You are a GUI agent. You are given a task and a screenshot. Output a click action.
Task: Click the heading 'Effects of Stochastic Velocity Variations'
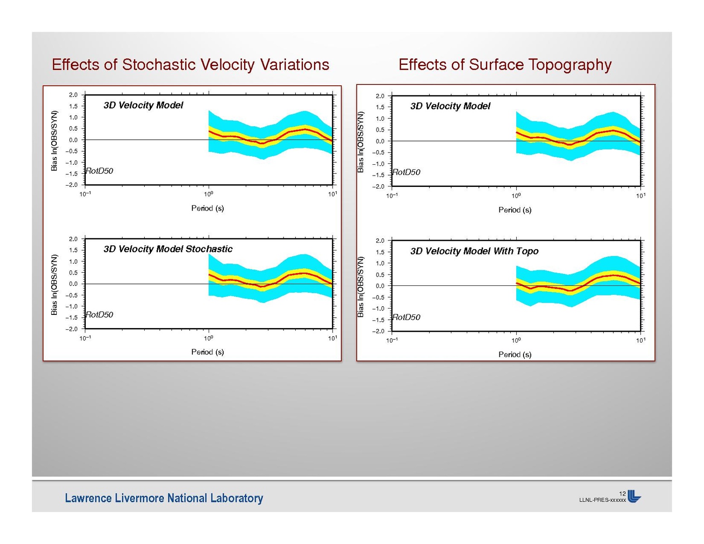[190, 64]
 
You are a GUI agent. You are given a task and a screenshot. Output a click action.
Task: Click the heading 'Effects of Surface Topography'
[505, 64]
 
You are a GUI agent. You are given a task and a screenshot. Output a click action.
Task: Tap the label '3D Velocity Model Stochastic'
[168, 249]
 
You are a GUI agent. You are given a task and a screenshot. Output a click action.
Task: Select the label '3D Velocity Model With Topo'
[474, 251]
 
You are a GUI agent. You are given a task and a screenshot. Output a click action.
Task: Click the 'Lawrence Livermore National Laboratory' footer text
[164, 498]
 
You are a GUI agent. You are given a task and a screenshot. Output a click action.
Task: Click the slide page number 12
[622, 494]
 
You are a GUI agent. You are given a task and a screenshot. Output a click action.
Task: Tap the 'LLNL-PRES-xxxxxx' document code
[602, 500]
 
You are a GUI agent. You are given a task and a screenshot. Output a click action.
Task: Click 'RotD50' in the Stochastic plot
[99, 315]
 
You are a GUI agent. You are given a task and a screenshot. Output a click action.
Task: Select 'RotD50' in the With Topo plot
[406, 317]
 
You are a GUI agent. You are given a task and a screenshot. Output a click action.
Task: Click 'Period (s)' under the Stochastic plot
[207, 352]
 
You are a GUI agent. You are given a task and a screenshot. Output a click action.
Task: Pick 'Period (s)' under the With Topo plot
[515, 354]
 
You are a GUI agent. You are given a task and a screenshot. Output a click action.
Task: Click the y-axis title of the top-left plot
[54, 141]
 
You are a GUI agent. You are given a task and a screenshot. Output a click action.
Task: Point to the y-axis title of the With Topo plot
[361, 287]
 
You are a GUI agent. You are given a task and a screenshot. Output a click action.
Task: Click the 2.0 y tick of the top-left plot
[73, 95]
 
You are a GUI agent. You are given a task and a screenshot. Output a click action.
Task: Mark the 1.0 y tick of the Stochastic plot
[73, 261]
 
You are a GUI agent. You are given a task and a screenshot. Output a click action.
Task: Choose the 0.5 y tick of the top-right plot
[380, 130]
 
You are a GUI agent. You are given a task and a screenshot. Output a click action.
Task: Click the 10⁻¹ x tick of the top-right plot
[392, 196]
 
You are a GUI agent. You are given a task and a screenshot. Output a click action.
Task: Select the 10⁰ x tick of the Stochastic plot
[209, 338]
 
